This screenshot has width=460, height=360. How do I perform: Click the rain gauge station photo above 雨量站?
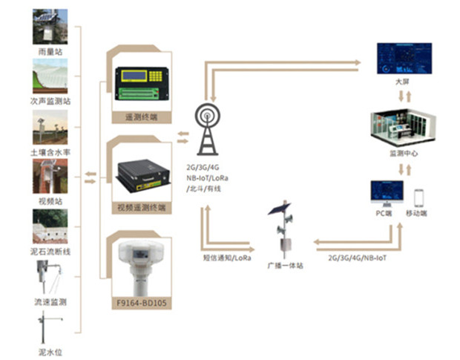click(x=50, y=26)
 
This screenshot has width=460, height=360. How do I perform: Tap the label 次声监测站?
click(x=50, y=99)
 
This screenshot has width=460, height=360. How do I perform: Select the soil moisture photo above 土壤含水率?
click(x=50, y=128)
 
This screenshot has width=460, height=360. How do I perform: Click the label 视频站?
click(x=50, y=200)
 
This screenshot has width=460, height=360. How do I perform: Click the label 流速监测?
click(x=50, y=302)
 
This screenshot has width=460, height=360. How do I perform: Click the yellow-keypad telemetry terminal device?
click(x=142, y=82)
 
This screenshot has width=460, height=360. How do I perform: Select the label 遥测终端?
click(x=141, y=117)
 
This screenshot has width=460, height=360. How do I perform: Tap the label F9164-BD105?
click(x=141, y=303)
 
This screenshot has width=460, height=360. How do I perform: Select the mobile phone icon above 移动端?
click(x=419, y=197)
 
